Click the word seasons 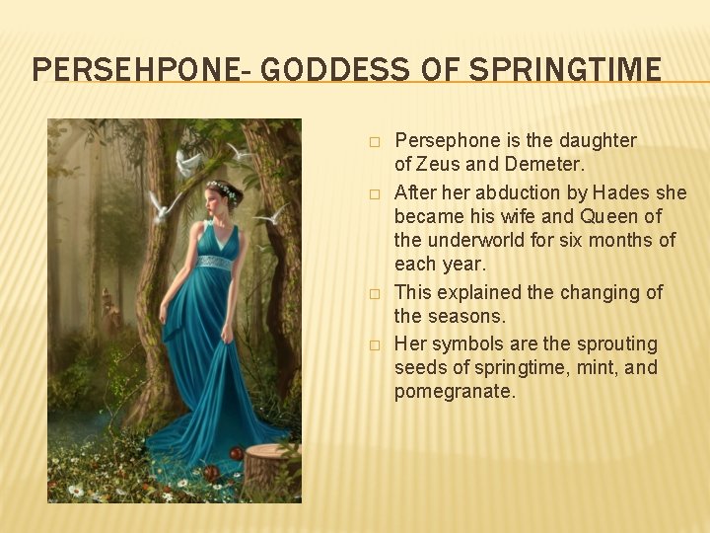467,317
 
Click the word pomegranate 455,392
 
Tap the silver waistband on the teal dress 214,263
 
